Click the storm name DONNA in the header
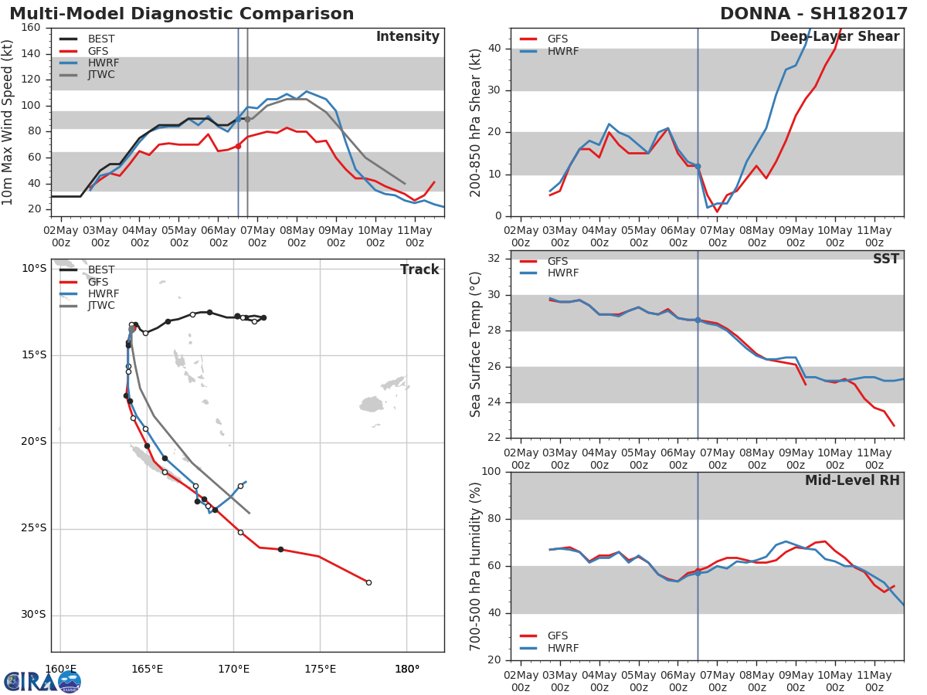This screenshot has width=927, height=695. click(x=755, y=13)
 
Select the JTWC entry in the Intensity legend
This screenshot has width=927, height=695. click(x=87, y=75)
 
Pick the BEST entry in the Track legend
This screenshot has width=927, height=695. click(x=87, y=270)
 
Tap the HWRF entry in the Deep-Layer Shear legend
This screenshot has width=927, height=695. click(x=549, y=51)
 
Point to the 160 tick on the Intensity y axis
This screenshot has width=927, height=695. click(x=31, y=28)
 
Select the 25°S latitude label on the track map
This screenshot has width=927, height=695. click(x=34, y=528)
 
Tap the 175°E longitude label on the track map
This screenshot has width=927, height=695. click(x=320, y=670)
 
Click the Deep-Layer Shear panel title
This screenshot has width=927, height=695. click(x=834, y=36)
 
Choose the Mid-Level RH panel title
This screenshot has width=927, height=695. click(x=852, y=480)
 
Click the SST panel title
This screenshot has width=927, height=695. click(x=886, y=258)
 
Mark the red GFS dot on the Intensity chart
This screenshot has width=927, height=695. click(x=238, y=146)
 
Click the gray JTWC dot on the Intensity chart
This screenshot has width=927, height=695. click(x=247, y=120)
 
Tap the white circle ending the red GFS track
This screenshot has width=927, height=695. click(x=368, y=583)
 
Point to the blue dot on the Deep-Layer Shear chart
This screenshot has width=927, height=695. click(x=698, y=167)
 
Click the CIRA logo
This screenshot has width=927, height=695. click(x=42, y=681)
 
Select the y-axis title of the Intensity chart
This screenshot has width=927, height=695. click(x=7, y=122)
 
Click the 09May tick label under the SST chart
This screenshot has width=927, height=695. click(x=796, y=459)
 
